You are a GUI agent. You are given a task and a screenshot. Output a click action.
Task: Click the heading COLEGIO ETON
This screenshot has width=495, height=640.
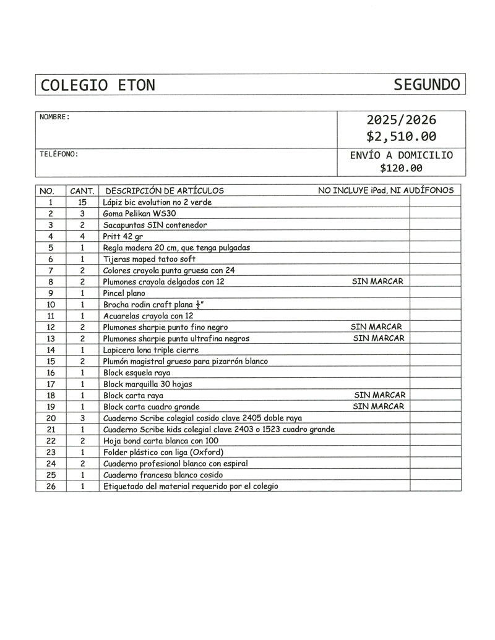coord(98,85)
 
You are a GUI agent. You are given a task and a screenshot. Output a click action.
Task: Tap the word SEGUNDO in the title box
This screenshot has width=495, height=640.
coord(427,85)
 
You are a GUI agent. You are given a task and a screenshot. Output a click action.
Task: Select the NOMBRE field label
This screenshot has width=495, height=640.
coord(54,117)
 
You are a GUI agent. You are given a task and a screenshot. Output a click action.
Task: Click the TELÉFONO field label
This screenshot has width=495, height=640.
coord(59,154)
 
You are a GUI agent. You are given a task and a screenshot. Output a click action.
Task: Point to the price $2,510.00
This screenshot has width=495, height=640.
coord(401,136)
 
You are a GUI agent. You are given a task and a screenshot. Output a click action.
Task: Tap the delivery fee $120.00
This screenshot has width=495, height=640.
coord(401,168)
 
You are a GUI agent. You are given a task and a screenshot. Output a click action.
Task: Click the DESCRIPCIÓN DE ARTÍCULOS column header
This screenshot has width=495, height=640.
coord(165,190)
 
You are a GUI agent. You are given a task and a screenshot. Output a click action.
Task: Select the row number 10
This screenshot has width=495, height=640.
coord(51,304)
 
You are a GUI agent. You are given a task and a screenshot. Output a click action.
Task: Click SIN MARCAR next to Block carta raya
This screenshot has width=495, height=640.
coord(379,395)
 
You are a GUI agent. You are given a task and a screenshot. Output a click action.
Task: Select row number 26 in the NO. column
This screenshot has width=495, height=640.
coord(51,486)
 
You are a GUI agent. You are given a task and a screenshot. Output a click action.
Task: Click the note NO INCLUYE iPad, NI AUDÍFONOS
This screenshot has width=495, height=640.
coord(385,190)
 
